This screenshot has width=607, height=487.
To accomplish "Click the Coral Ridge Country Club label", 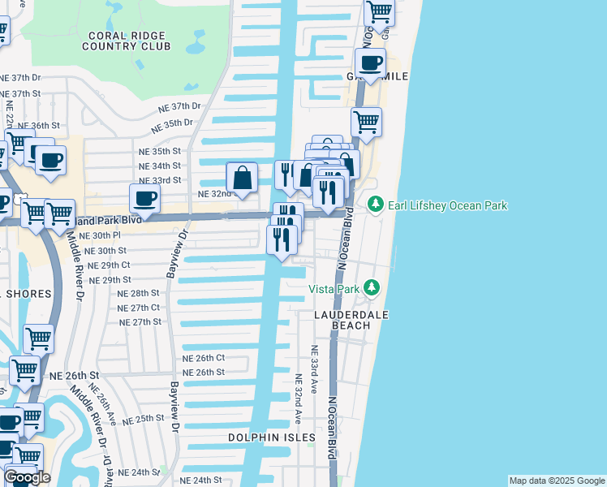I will click(x=126, y=41).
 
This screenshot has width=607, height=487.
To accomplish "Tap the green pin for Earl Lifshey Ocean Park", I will click(x=375, y=205).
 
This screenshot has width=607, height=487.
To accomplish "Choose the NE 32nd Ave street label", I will click(x=299, y=399).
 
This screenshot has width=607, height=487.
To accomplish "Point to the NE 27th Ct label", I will click(x=140, y=308).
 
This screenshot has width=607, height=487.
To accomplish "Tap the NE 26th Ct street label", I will click(x=203, y=358).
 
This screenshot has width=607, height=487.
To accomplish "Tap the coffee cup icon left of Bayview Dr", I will click(x=144, y=199).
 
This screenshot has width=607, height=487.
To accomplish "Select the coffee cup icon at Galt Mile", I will click(x=371, y=63).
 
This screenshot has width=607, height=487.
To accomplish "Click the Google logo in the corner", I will click(x=27, y=477).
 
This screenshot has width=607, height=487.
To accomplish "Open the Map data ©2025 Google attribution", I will click(x=556, y=481).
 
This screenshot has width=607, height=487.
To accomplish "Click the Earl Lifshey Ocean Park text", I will click(x=447, y=205).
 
